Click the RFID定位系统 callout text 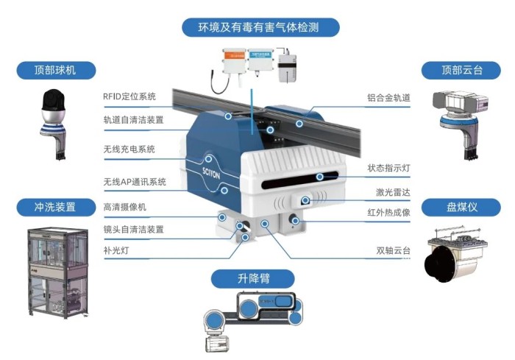[129, 96]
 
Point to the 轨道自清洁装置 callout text [133, 120]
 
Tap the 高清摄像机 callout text [125, 208]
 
